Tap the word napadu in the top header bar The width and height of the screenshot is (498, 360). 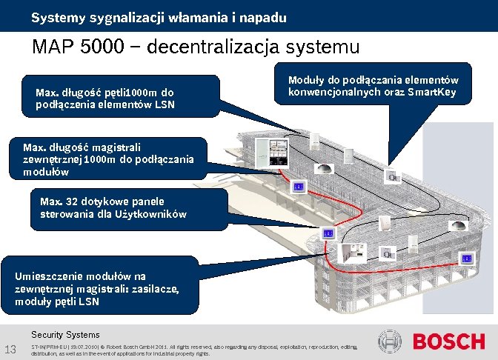point(262,16)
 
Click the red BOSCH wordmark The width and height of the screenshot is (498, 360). point(448,341)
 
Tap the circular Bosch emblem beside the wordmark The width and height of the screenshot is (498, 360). point(390,341)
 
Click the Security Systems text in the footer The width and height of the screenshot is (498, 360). point(65,335)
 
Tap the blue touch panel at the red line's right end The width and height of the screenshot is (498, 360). point(467,258)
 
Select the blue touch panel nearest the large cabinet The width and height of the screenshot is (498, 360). point(298,186)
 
